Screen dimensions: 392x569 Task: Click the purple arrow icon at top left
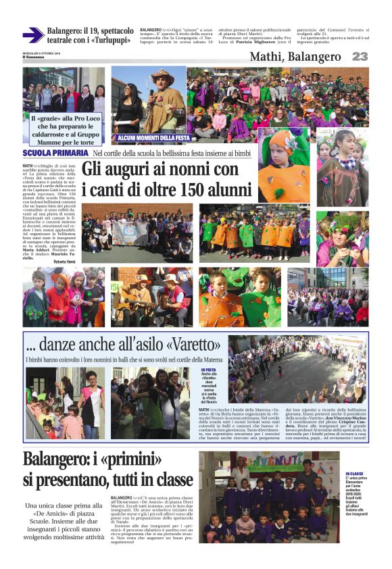(x=32, y=35)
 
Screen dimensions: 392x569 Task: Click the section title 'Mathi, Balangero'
(x=295, y=57)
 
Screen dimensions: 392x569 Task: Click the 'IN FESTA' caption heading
(x=208, y=370)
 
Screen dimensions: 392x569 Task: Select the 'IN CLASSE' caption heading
(x=356, y=474)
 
